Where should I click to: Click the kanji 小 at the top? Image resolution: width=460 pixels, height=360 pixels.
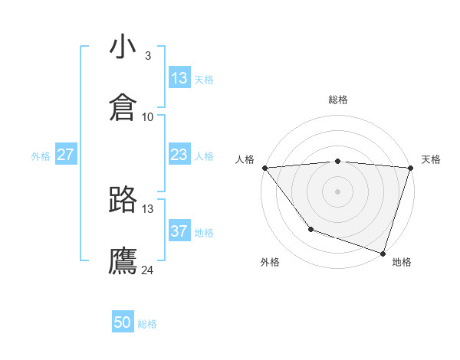(123, 47)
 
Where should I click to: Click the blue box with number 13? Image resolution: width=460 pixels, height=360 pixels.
(179, 78)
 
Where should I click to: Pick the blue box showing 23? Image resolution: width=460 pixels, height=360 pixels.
(179, 155)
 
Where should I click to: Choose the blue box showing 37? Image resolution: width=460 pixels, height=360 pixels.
(179, 231)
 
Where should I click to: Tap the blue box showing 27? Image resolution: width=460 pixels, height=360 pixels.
(65, 155)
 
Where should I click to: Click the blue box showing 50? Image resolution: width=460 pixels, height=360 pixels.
(123, 322)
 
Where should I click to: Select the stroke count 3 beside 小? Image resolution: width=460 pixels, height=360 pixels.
(147, 55)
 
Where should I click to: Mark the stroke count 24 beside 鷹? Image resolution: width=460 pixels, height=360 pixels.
(148, 270)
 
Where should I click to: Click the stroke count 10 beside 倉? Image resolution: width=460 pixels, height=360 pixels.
(148, 116)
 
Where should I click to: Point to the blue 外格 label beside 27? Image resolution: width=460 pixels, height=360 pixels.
(41, 156)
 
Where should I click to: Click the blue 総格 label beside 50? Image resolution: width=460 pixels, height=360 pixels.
(147, 324)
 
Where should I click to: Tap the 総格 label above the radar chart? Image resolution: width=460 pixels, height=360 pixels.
(338, 100)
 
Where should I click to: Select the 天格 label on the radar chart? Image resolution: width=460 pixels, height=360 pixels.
(432, 159)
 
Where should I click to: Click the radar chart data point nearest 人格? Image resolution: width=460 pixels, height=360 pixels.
(264, 168)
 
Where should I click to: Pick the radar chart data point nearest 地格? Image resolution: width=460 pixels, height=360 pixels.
(383, 253)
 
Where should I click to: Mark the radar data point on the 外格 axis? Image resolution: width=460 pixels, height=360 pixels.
(310, 229)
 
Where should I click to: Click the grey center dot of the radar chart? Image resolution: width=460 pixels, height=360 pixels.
(337, 191)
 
